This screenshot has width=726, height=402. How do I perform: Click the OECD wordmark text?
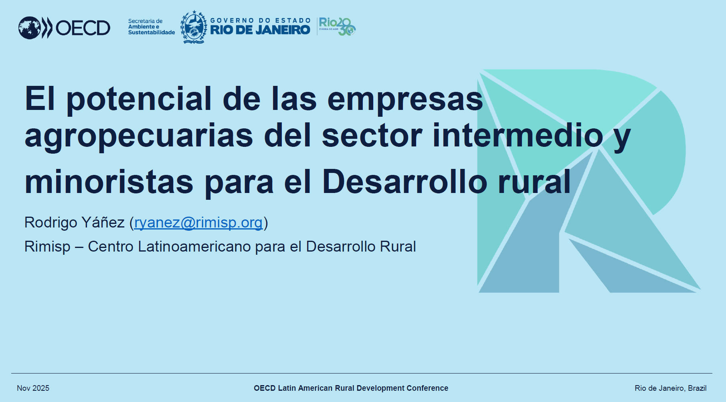click(83, 28)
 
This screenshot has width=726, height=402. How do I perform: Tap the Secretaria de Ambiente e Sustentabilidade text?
click(152, 27)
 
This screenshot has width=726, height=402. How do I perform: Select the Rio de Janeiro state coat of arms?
click(194, 27)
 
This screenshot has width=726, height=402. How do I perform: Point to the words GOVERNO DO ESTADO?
click(261, 20)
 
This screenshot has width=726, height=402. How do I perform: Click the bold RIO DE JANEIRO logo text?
click(260, 30)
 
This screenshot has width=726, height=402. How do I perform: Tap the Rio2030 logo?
click(337, 26)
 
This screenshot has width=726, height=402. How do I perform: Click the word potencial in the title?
click(139, 99)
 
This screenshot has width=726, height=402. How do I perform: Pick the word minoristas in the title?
click(109, 182)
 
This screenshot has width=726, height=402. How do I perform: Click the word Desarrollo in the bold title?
click(404, 182)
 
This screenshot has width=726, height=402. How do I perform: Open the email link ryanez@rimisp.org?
click(198, 222)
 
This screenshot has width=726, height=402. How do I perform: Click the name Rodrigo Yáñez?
click(75, 222)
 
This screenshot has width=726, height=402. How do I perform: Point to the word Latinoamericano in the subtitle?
click(194, 246)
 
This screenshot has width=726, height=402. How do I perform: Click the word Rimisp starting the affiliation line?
click(47, 246)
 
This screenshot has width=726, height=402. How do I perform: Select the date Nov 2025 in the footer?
click(33, 388)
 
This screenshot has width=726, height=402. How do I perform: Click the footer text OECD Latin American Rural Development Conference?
click(351, 388)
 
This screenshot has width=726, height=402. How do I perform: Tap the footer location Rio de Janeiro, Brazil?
click(670, 388)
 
